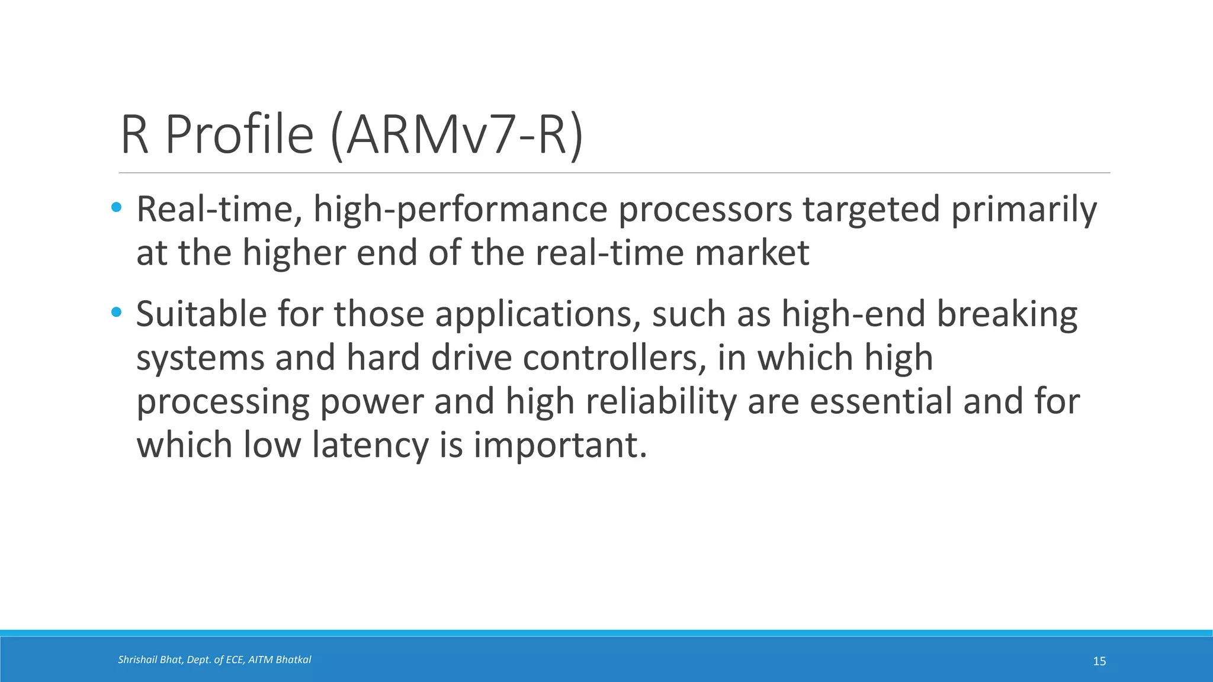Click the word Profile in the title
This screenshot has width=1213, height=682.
click(239, 135)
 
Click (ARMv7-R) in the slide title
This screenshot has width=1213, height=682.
click(457, 136)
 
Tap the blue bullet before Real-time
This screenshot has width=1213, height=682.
click(117, 208)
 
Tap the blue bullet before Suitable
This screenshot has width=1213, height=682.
click(117, 312)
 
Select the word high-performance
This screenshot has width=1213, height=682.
click(460, 210)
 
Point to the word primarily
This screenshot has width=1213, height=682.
click(1024, 210)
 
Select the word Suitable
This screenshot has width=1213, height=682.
click(201, 314)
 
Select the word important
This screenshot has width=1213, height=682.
click(560, 445)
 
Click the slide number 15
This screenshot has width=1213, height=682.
click(1099, 661)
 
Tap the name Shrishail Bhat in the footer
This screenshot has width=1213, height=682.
click(150, 660)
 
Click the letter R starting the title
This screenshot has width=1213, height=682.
click(134, 135)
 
